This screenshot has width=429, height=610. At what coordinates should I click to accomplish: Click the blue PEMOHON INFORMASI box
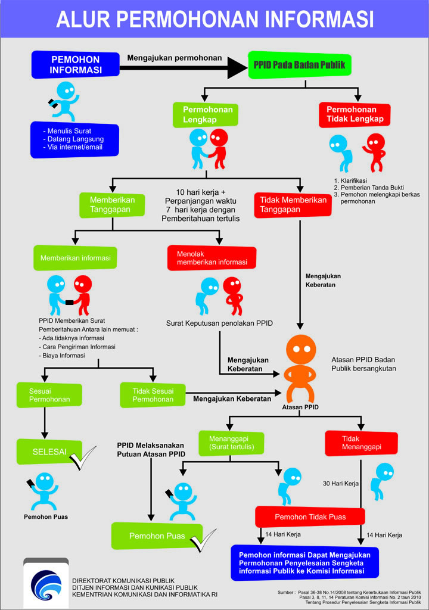[75, 64]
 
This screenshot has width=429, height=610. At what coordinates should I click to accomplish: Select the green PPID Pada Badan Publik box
[299, 66]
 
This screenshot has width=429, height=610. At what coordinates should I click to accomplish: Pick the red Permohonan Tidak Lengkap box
[355, 114]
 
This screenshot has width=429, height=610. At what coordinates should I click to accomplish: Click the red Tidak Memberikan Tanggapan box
[292, 205]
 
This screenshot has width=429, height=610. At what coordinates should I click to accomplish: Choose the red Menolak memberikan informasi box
[212, 257]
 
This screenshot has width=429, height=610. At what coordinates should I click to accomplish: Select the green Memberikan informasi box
[75, 258]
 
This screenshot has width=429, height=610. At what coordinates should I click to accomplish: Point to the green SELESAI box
[50, 452]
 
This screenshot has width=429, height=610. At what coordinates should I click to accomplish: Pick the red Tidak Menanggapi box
[361, 443]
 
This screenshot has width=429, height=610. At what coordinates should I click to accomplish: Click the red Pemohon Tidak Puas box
[310, 516]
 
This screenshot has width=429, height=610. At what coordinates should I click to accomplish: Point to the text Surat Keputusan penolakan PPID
[219, 323]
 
